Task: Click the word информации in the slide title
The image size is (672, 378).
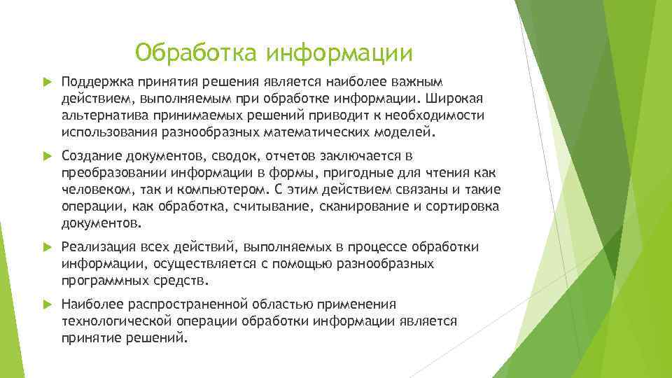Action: point(340,52)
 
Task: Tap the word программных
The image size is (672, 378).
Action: point(104,281)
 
